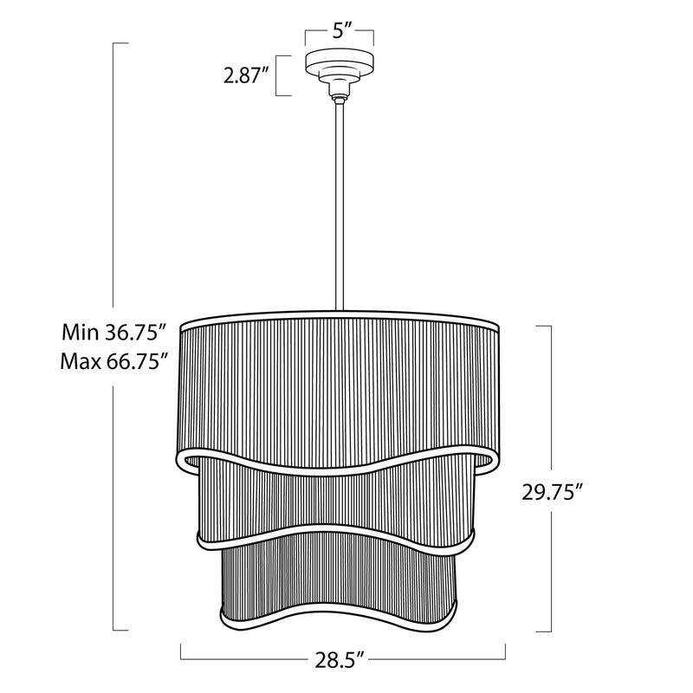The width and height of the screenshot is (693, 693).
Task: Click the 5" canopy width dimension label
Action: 339,32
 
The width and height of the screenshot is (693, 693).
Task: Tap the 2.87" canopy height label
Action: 246,75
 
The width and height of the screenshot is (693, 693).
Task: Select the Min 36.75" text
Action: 114,333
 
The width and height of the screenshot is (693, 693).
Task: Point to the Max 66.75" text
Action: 114,361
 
